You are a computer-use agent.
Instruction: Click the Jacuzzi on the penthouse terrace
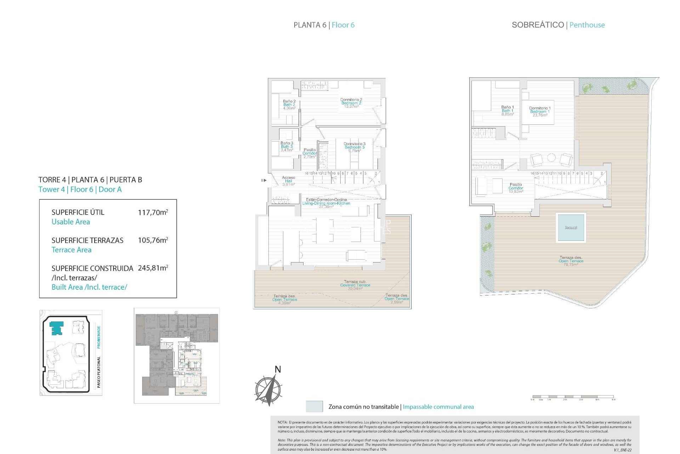[571, 227]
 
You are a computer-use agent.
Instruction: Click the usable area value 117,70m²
[153, 212]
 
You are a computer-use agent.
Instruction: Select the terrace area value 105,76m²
[153, 240]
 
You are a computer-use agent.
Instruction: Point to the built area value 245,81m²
[153, 268]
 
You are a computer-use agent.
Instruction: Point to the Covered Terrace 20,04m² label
[355, 285]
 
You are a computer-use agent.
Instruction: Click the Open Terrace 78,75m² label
[571, 261]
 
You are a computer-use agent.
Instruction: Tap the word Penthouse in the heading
[587, 25]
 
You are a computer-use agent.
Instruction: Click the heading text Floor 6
[343, 25]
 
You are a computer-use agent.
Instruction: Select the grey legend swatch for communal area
[314, 406]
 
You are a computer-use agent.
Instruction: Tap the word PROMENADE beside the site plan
[99, 337]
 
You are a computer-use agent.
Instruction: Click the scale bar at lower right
[573, 397]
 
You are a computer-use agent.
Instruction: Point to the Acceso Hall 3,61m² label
[288, 181]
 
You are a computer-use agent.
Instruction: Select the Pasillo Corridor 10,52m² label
[516, 188]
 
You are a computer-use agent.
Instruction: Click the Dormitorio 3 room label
[354, 147]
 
